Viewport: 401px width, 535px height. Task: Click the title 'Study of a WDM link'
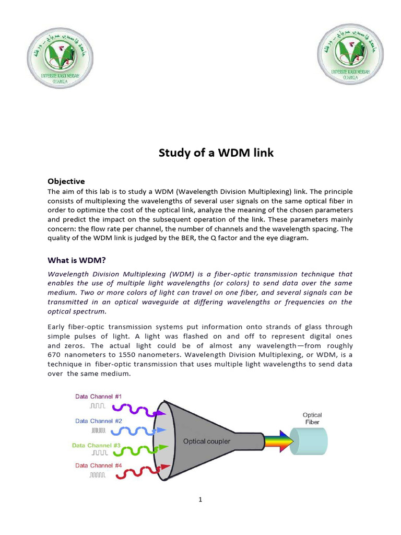[x=200, y=154]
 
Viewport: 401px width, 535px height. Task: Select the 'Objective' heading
[x=66, y=181]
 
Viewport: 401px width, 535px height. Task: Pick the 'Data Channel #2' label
[x=98, y=421]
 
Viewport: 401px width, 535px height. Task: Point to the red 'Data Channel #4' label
[x=98, y=465]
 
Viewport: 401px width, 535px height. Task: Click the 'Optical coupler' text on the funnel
[x=207, y=441]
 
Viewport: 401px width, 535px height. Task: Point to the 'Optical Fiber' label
[x=312, y=417]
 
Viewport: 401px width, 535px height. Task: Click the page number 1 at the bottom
[x=200, y=499]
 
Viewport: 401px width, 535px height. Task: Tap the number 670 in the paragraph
[x=56, y=355]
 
